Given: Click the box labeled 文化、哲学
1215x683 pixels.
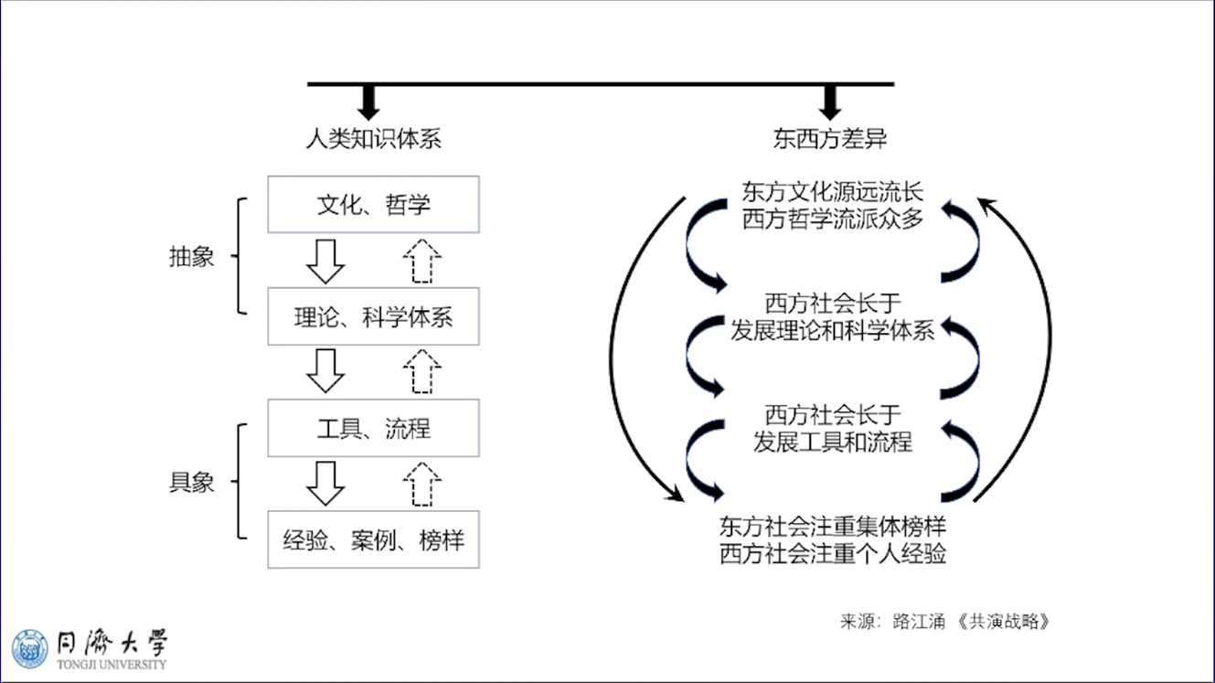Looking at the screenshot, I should [x=373, y=205].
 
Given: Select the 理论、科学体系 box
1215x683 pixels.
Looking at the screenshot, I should [x=373, y=317].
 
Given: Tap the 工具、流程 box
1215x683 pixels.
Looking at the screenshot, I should [x=373, y=429].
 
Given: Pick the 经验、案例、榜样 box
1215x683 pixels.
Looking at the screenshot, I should [x=373, y=540].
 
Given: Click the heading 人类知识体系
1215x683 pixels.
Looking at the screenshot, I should [x=373, y=139].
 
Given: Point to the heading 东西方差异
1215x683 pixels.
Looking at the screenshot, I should [x=830, y=139].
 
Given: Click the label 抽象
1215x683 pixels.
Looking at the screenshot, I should [x=192, y=257].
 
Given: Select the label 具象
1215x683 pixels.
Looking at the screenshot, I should [x=192, y=483].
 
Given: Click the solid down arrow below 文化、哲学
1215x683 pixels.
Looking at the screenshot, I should [x=325, y=261].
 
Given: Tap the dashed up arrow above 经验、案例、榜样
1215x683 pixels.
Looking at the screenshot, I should [x=421, y=485].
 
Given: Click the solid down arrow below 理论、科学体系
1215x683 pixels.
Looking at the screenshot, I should [x=325, y=371].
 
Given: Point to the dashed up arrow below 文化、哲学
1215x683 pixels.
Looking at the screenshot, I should [x=421, y=261].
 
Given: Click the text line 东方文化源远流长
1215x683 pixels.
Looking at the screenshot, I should [x=833, y=192].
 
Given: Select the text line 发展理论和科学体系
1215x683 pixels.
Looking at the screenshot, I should [x=832, y=330].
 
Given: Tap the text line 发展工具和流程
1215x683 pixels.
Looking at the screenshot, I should [x=833, y=442].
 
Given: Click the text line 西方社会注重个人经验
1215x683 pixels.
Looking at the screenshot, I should [x=833, y=554].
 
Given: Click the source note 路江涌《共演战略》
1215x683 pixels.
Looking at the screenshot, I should [x=946, y=622].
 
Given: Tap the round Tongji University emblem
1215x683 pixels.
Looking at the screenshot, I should [x=30, y=648].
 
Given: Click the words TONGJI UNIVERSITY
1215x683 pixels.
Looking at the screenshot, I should [x=112, y=665].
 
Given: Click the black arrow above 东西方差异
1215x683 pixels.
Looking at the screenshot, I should [x=830, y=101].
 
